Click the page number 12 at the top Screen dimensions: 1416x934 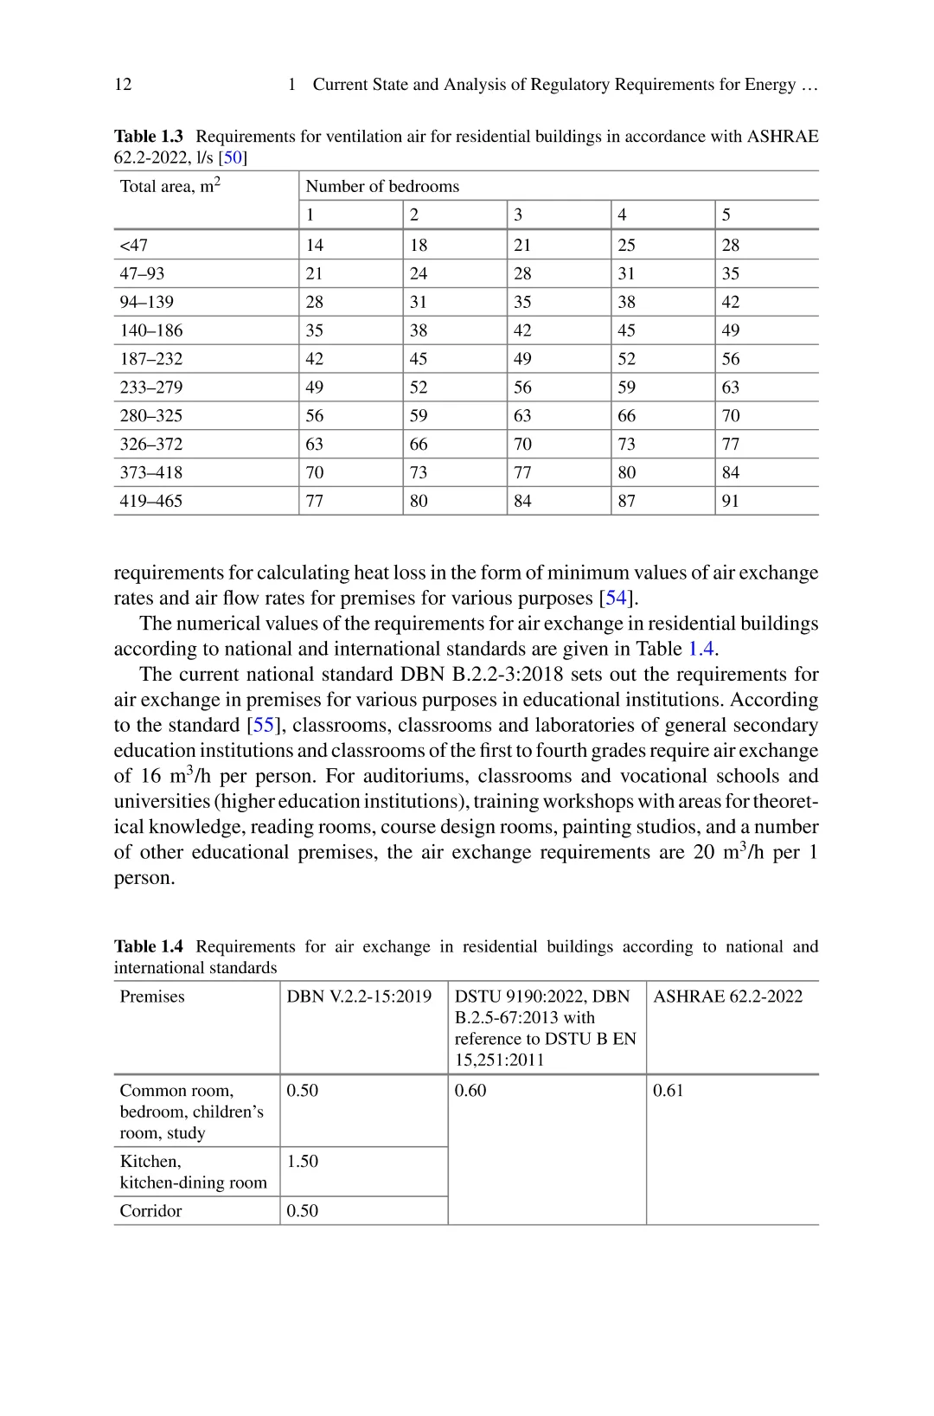tap(123, 84)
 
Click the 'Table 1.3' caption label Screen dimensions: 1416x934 tap(149, 137)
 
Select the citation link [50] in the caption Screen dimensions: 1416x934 tap(233, 157)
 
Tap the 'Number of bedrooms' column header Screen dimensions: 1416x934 tap(382, 186)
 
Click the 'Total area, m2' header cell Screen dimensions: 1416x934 tap(170, 185)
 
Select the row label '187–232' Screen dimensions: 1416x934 tap(151, 359)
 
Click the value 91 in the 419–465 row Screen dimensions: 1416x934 tap(731, 501)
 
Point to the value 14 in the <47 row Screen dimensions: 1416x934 tap(315, 245)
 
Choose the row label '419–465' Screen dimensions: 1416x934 tap(151, 501)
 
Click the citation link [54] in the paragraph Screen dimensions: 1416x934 tap(616, 598)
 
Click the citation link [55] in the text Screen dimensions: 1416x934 tap(263, 725)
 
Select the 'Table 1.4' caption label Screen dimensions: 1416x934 tap(149, 946)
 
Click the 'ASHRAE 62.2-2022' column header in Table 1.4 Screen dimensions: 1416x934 tap(727, 996)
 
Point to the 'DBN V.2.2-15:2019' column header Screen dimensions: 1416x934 tap(359, 996)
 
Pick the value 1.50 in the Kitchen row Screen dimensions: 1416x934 tap(303, 1161)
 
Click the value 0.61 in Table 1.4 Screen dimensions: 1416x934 tap(669, 1091)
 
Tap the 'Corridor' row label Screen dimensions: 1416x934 tap(151, 1211)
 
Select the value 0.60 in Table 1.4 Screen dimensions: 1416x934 tap(470, 1091)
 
